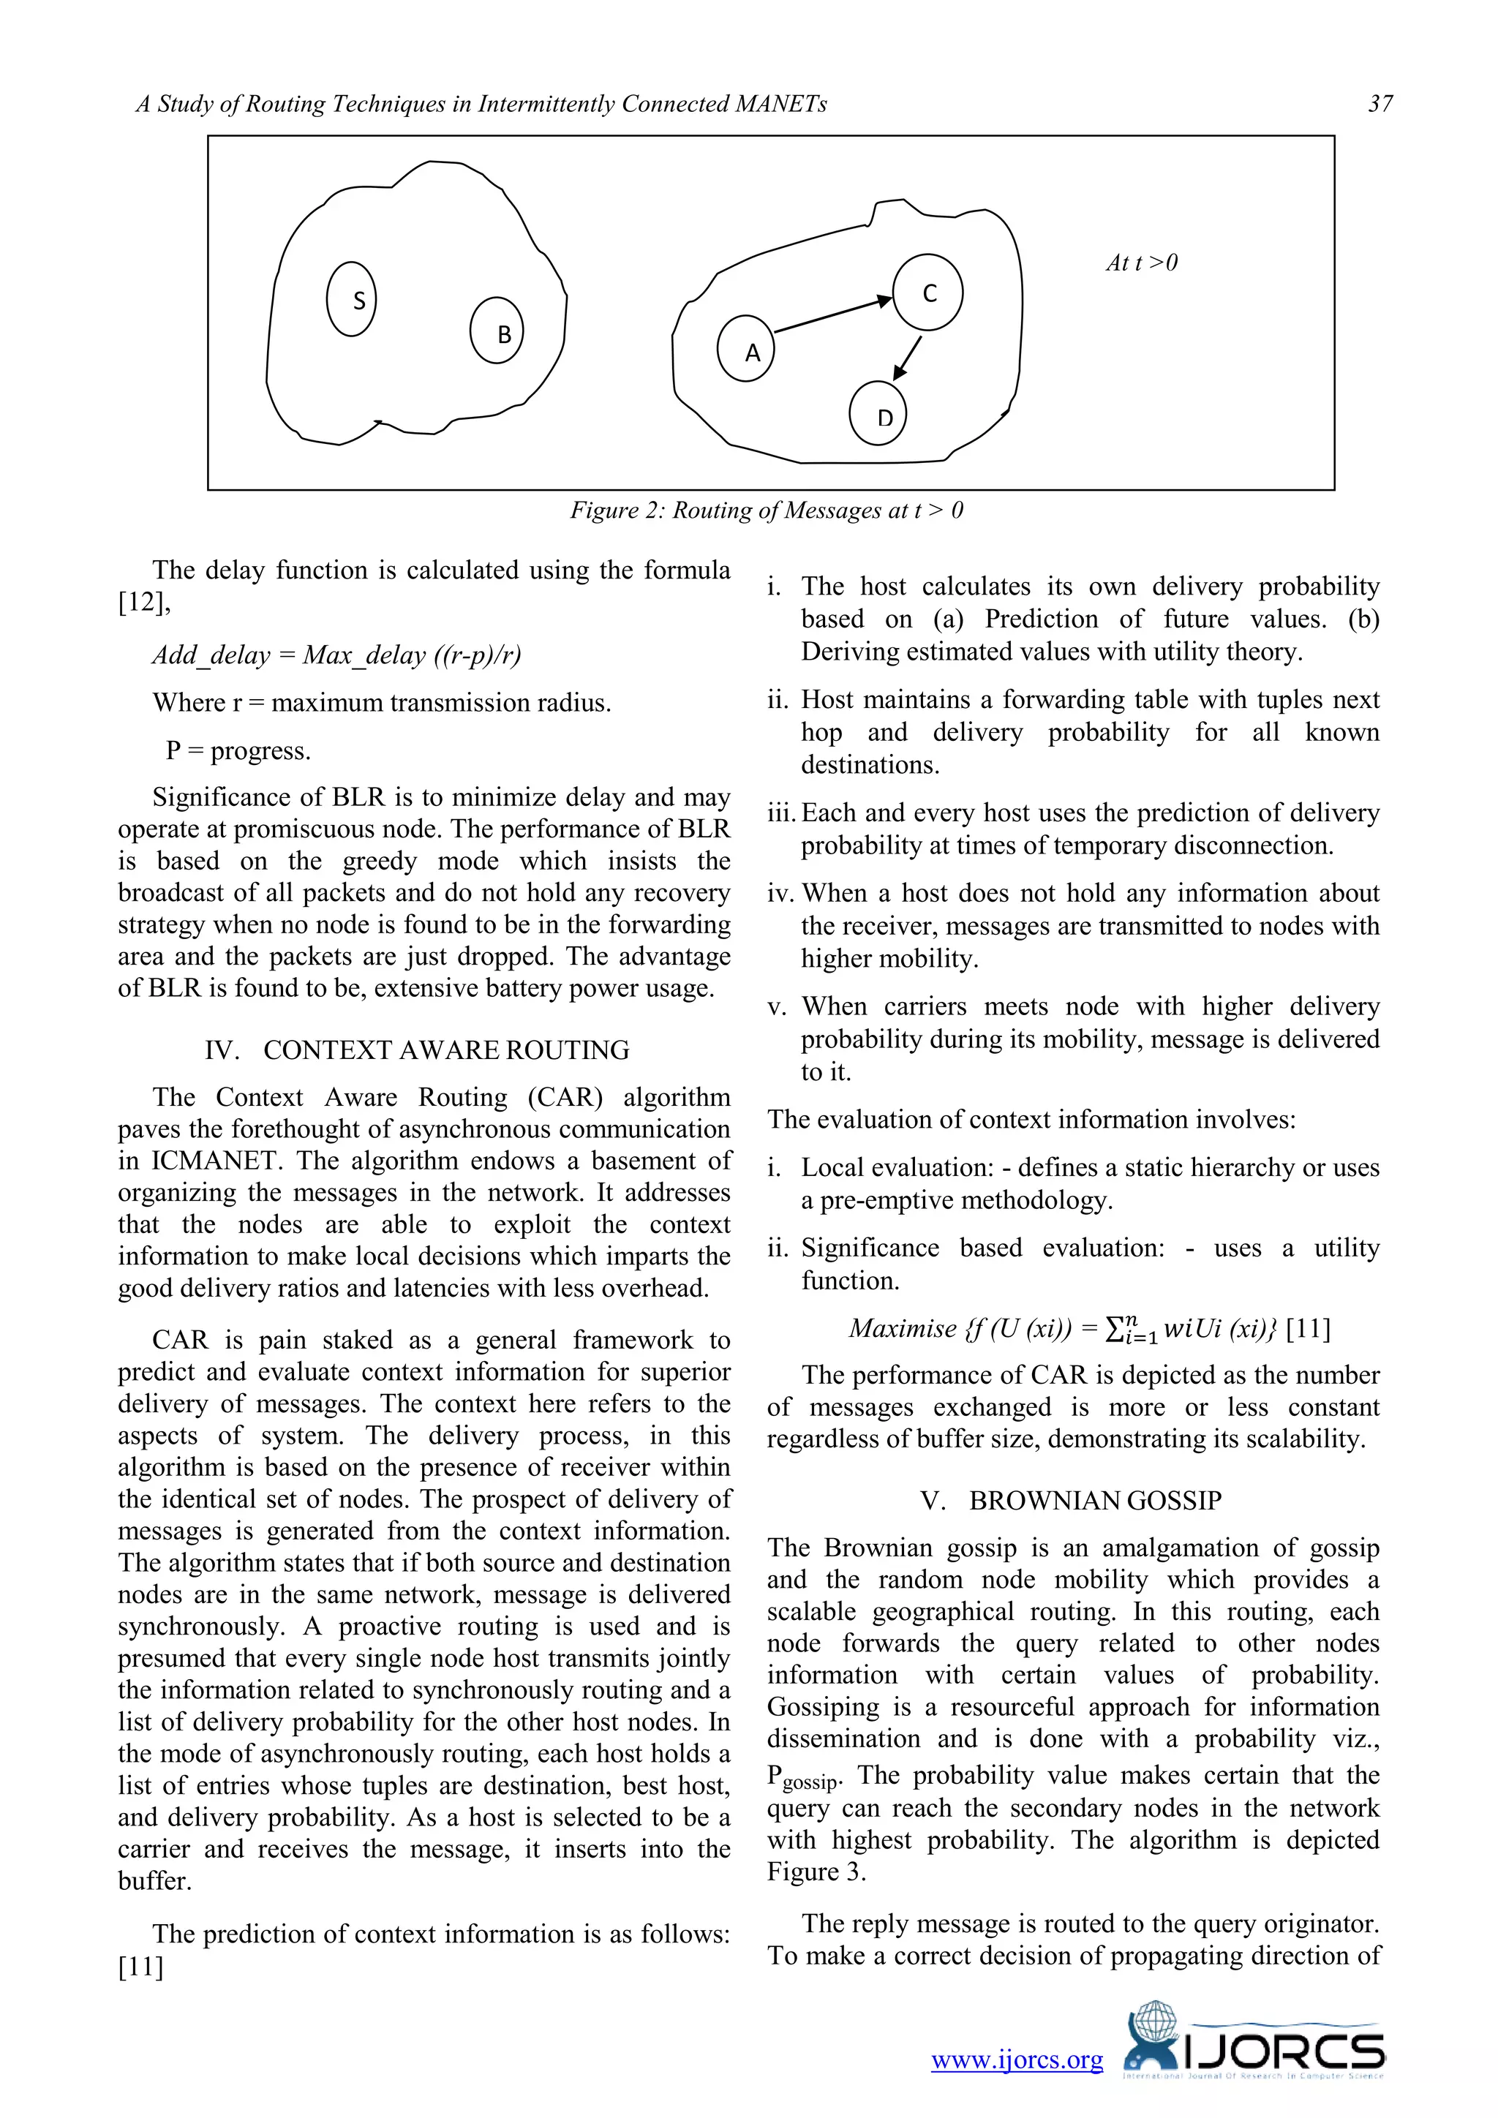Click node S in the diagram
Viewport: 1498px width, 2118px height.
(351, 299)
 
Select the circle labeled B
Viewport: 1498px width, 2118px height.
(497, 331)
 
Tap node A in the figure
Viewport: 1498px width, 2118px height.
(746, 350)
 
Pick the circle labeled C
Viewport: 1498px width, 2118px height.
(928, 293)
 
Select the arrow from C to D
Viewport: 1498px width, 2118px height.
(908, 357)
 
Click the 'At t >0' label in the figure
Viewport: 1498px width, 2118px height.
(1141, 263)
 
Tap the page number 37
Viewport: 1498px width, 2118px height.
(1380, 103)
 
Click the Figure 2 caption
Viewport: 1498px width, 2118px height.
(767, 510)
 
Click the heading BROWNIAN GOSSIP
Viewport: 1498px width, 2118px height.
(1095, 1500)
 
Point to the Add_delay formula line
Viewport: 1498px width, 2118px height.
(336, 655)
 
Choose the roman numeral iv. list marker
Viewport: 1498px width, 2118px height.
(781, 893)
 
